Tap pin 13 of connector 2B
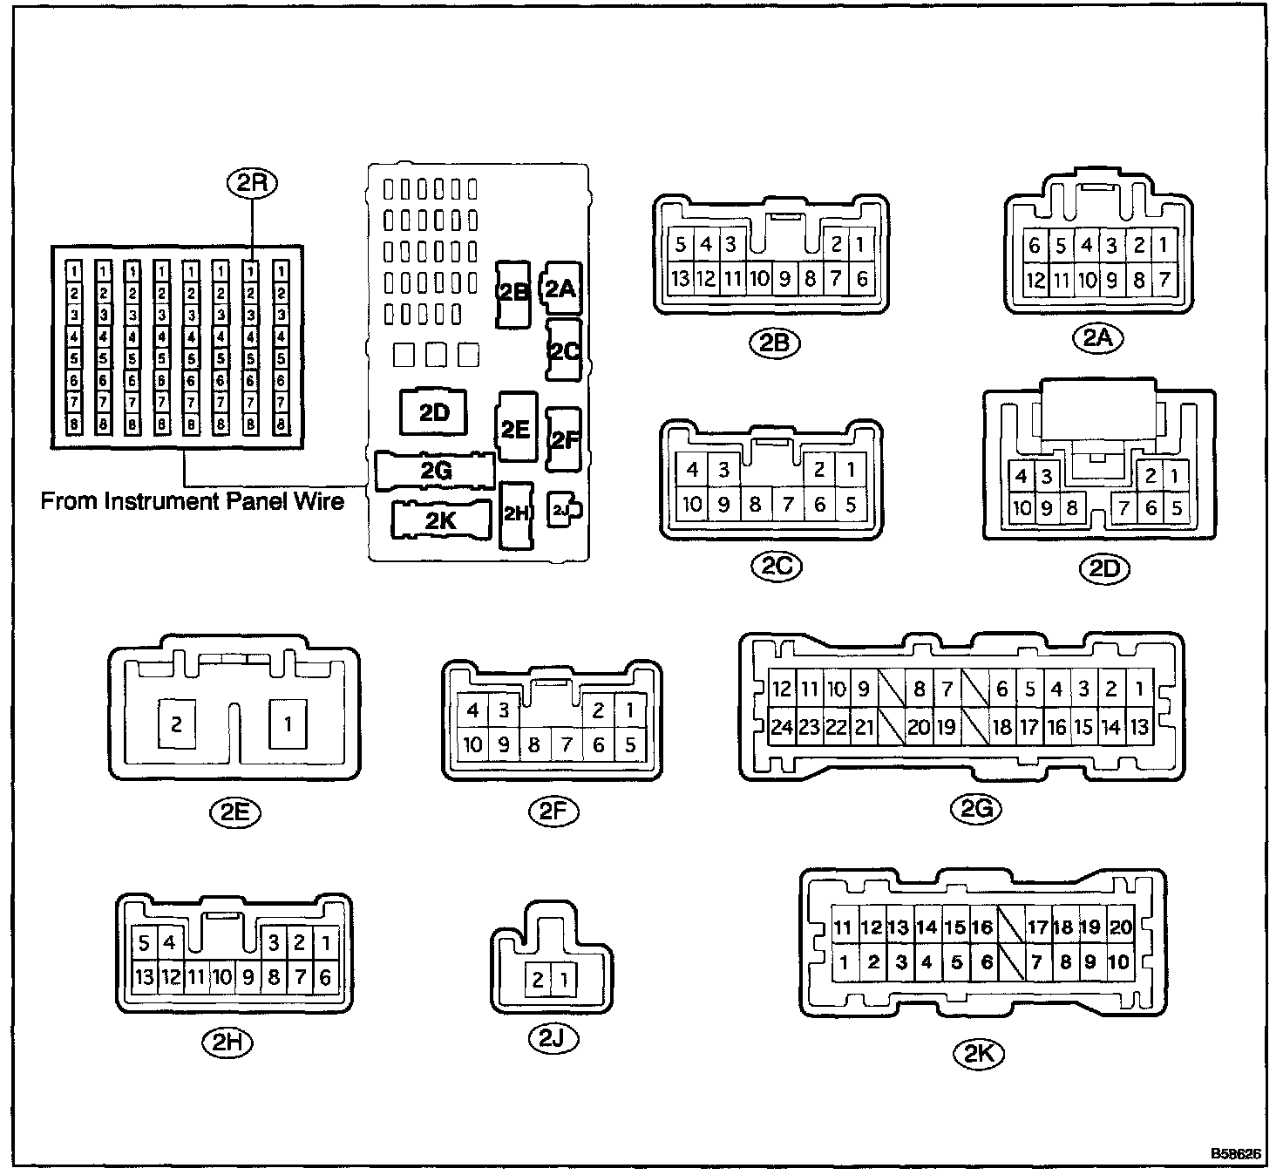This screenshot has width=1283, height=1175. pyautogui.click(x=681, y=279)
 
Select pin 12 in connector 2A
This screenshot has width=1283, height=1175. pyautogui.click(x=1035, y=280)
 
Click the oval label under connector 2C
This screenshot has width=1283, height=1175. pyautogui.click(x=775, y=566)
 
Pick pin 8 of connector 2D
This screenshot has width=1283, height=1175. pyautogui.click(x=1071, y=507)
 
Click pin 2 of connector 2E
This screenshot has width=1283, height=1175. pyautogui.click(x=177, y=723)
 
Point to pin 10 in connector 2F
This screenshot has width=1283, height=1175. pyautogui.click(x=472, y=744)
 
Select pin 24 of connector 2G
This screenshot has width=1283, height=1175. pyautogui.click(x=782, y=726)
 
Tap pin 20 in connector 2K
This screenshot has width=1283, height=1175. pyautogui.click(x=1120, y=927)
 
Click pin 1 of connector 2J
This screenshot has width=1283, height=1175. pyautogui.click(x=564, y=981)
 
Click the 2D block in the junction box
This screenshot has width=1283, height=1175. pyautogui.click(x=433, y=412)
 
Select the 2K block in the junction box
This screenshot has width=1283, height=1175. pyautogui.click(x=441, y=520)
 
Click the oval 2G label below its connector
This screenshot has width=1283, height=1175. pyautogui.click(x=976, y=810)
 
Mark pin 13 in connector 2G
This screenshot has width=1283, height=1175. pyautogui.click(x=1139, y=726)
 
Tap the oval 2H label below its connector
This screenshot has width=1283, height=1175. pyautogui.click(x=227, y=1042)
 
